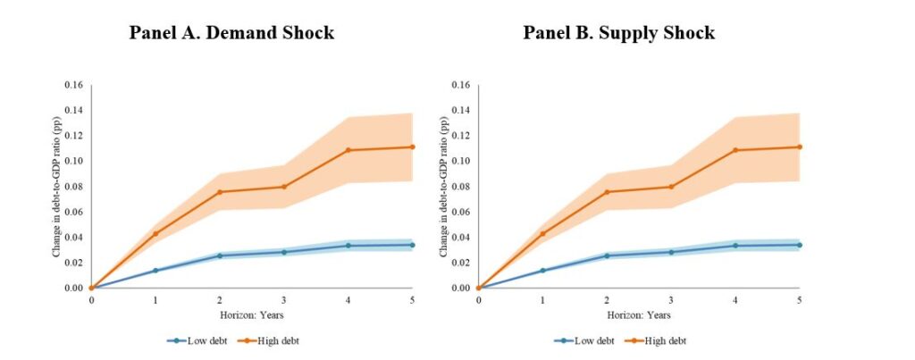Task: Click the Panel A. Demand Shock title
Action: [x=231, y=34]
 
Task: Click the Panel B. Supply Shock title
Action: [x=619, y=34]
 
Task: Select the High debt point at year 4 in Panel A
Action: [x=348, y=150]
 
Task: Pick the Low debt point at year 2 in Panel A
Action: [x=220, y=255]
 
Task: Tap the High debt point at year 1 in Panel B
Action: [x=542, y=233]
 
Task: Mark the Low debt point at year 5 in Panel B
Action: [x=799, y=245]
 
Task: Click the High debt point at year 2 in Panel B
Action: [x=607, y=192]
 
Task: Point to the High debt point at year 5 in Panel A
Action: [x=412, y=147]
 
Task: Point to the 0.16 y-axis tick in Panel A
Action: [x=72, y=85]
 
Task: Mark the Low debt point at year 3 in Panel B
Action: [x=671, y=252]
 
